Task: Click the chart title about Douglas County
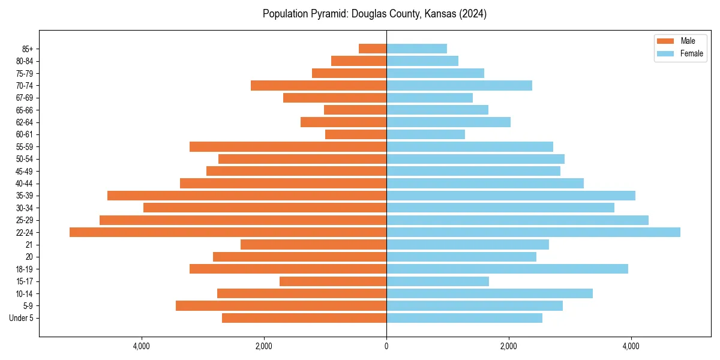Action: click(374, 14)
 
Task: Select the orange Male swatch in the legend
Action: click(665, 41)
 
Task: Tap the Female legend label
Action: click(691, 53)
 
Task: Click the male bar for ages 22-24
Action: click(228, 232)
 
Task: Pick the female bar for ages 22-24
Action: click(533, 232)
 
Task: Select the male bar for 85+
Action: click(373, 49)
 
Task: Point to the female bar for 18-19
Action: click(507, 269)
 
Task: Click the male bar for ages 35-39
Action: click(247, 196)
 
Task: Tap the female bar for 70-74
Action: click(459, 85)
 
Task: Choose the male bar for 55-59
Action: click(288, 146)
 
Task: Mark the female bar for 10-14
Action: click(490, 293)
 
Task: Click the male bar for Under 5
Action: click(304, 318)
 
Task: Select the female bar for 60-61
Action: click(425, 134)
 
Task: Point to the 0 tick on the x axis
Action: click(386, 346)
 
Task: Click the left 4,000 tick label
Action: click(142, 346)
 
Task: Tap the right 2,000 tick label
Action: click(509, 346)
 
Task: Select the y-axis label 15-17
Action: click(24, 281)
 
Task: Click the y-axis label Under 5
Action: click(22, 318)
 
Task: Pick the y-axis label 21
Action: click(29, 245)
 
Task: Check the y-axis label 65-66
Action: click(24, 110)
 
